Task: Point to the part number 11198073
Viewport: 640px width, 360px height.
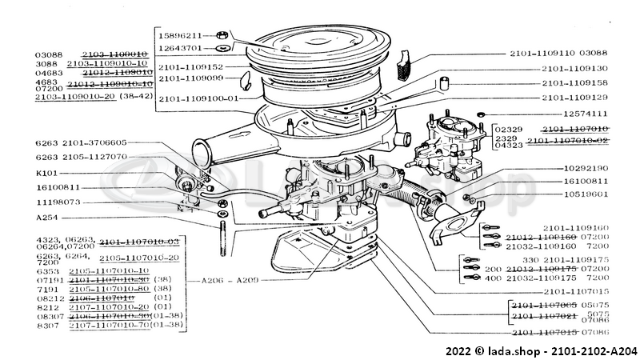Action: pos(60,202)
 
